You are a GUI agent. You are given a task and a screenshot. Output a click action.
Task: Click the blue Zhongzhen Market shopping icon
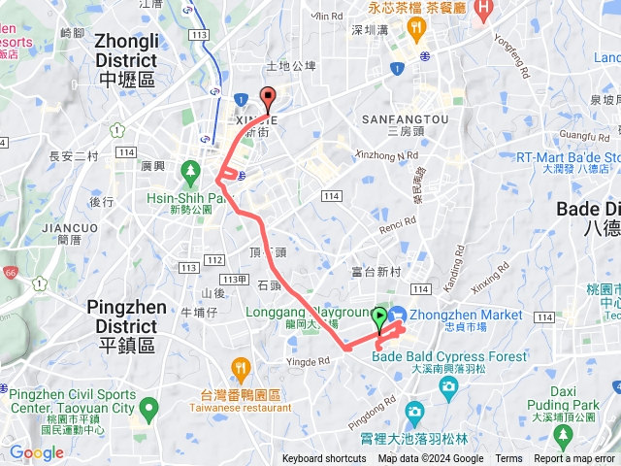tap(398, 315)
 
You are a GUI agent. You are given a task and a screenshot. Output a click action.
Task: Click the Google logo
tap(36, 452)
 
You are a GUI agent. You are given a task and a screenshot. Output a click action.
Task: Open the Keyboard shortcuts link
tap(324, 459)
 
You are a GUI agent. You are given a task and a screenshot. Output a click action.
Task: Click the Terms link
tap(508, 459)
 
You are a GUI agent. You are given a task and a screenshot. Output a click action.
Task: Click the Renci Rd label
tap(397, 230)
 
